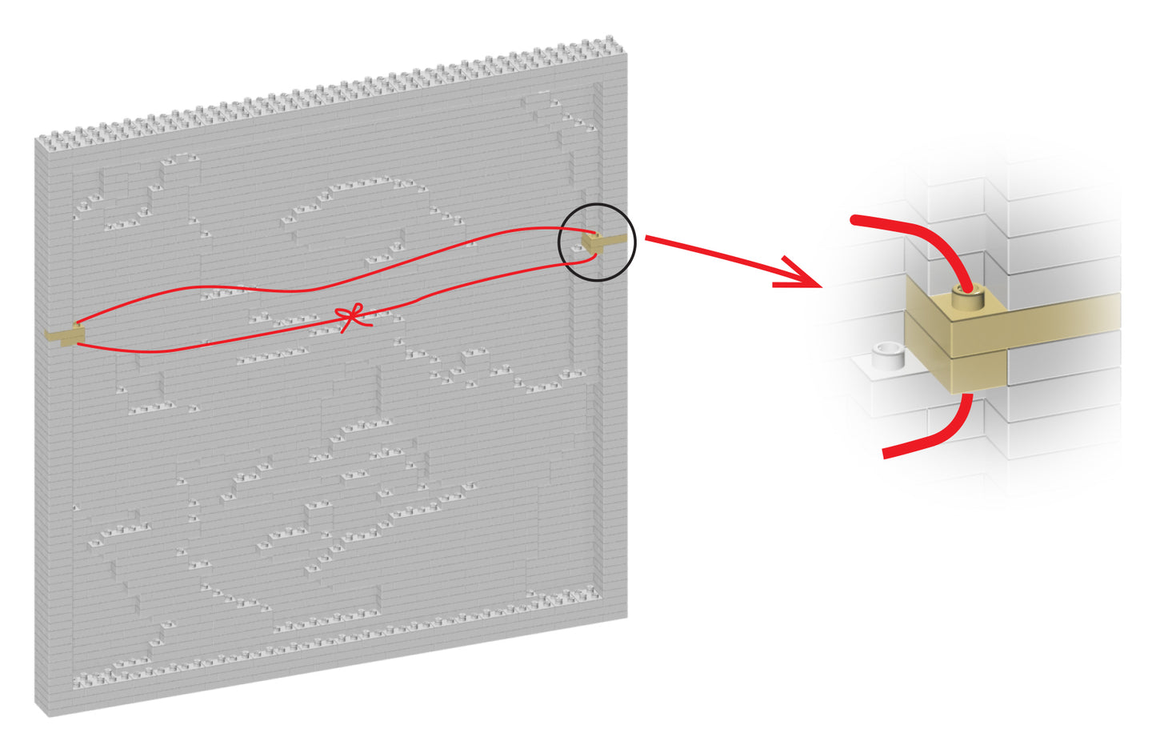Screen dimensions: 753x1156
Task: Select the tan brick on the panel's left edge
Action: [64, 334]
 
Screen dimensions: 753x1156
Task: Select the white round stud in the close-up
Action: [887, 354]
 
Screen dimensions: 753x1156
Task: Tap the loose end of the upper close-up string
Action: [854, 220]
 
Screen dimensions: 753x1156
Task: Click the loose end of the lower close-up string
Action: [885, 454]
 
